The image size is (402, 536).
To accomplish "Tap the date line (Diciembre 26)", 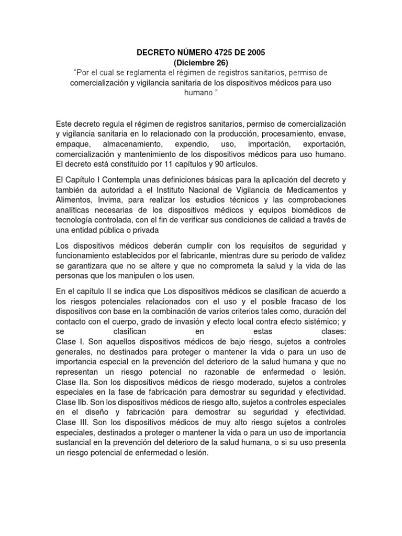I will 201,62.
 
